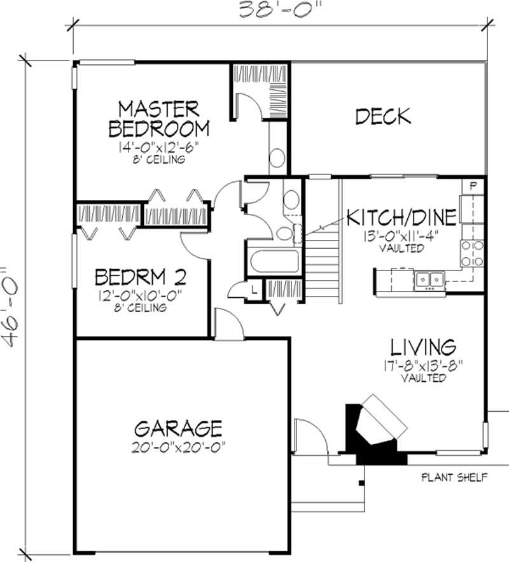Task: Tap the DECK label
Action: [382, 116]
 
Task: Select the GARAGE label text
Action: [178, 426]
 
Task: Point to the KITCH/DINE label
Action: [401, 218]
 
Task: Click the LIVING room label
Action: [423, 348]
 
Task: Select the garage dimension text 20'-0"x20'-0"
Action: [181, 445]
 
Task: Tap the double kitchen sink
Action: [429, 279]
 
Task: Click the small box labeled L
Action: [253, 290]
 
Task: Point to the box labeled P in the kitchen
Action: [474, 186]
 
